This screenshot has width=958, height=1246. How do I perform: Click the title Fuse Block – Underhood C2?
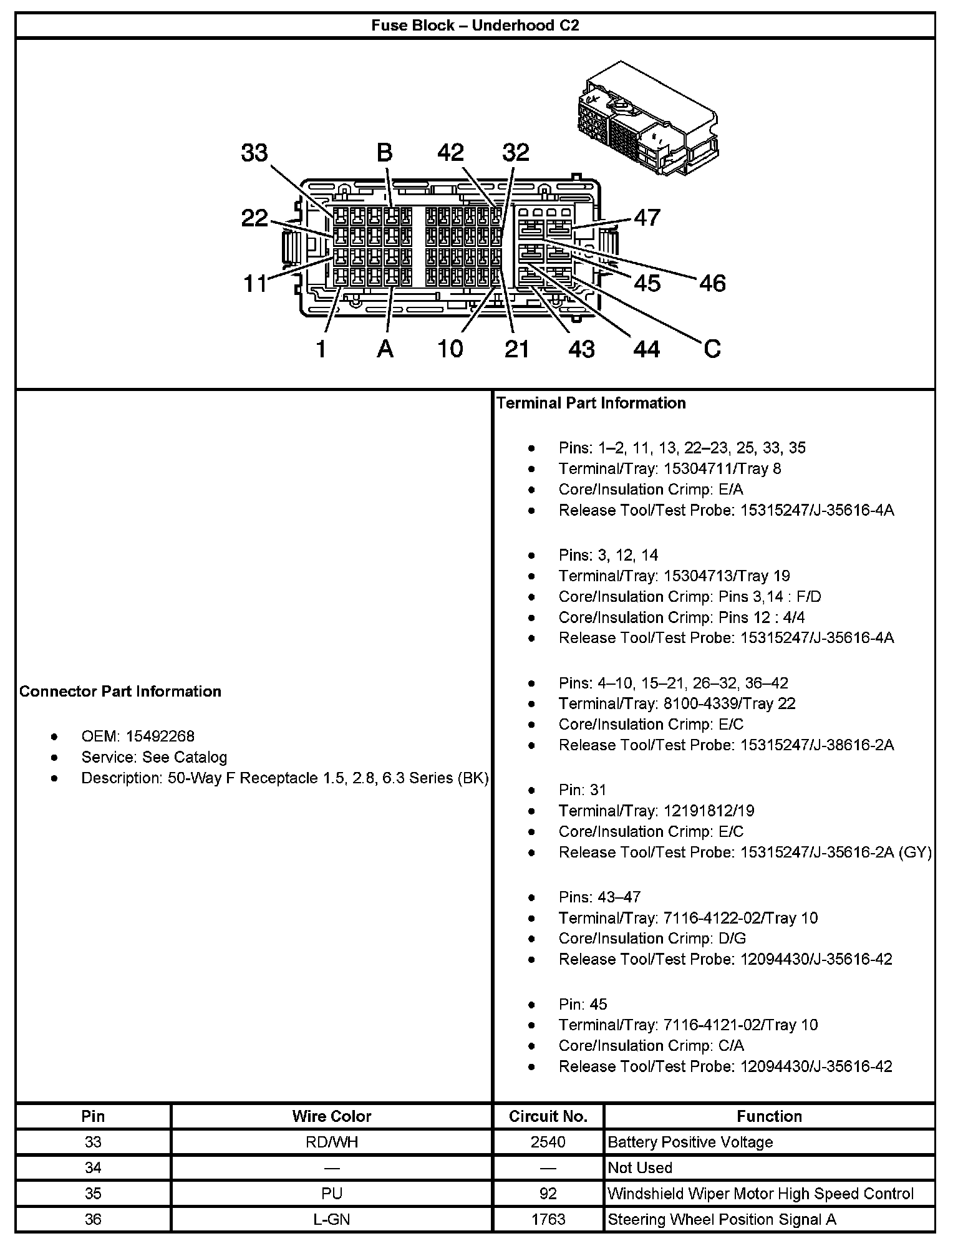tap(475, 26)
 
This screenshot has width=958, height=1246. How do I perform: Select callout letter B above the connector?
tap(384, 153)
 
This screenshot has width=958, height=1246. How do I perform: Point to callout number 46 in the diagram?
tap(712, 284)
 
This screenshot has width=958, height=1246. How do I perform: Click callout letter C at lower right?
tap(712, 349)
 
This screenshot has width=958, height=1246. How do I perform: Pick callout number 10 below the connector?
tap(450, 349)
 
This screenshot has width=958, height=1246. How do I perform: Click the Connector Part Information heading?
tap(120, 692)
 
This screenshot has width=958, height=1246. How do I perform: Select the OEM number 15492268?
tap(160, 736)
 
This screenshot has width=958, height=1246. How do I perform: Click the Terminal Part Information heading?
tap(591, 403)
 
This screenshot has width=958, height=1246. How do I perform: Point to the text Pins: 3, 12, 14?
tap(608, 555)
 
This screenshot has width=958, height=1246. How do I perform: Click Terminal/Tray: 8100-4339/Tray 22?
tap(677, 703)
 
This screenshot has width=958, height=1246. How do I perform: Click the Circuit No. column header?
tap(548, 1116)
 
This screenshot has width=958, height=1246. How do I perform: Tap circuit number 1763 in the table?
tap(548, 1219)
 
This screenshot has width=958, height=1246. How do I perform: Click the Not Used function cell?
tap(640, 1168)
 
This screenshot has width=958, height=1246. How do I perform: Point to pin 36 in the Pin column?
tap(93, 1219)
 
